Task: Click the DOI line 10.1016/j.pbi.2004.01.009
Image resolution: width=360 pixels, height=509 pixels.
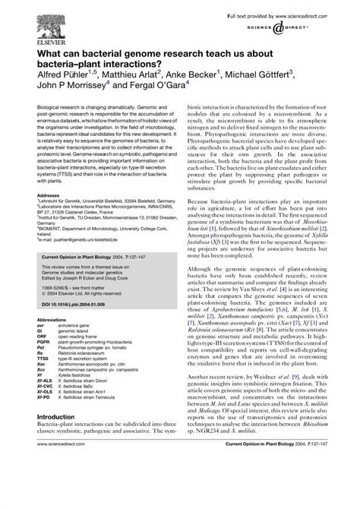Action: [73, 305]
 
